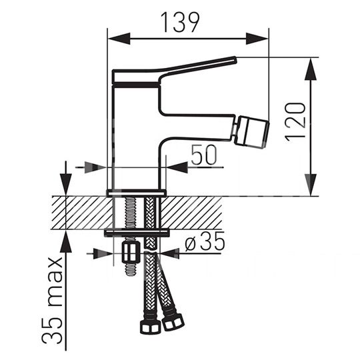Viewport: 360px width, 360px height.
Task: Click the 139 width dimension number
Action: (180, 22)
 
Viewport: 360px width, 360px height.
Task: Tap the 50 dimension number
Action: (204, 155)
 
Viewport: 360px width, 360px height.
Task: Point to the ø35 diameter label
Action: (205, 241)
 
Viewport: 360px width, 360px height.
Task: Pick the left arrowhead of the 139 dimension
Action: (119, 39)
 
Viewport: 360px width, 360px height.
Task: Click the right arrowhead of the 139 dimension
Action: (257, 39)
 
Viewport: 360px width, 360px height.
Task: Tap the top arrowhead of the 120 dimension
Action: (311, 69)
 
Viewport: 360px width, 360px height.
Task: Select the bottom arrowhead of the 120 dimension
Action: (311, 185)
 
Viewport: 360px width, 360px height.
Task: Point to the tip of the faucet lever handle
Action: (235, 59)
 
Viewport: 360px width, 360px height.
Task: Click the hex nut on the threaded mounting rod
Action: (131, 253)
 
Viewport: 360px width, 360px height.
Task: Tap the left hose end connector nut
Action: (151, 327)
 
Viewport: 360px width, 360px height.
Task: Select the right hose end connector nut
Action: (173, 322)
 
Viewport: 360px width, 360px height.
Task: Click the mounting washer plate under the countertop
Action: (137, 233)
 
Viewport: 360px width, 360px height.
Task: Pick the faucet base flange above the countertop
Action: (137, 193)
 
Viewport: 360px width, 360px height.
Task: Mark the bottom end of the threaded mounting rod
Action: (131, 275)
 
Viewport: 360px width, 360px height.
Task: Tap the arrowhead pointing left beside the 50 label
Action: (177, 167)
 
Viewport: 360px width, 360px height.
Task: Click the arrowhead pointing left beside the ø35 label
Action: (170, 253)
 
